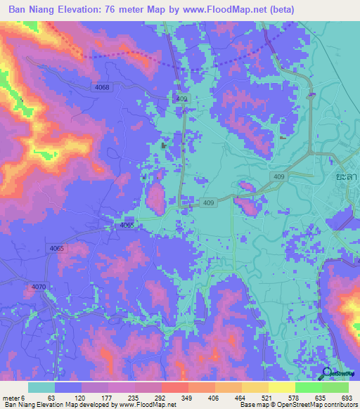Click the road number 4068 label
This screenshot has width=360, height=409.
coord(102,87)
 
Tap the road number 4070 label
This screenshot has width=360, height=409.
coord(39,287)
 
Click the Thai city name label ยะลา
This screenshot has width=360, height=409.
coord(345,178)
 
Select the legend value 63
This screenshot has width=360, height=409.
coord(51,397)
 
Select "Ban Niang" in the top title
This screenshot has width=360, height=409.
coord(34,10)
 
